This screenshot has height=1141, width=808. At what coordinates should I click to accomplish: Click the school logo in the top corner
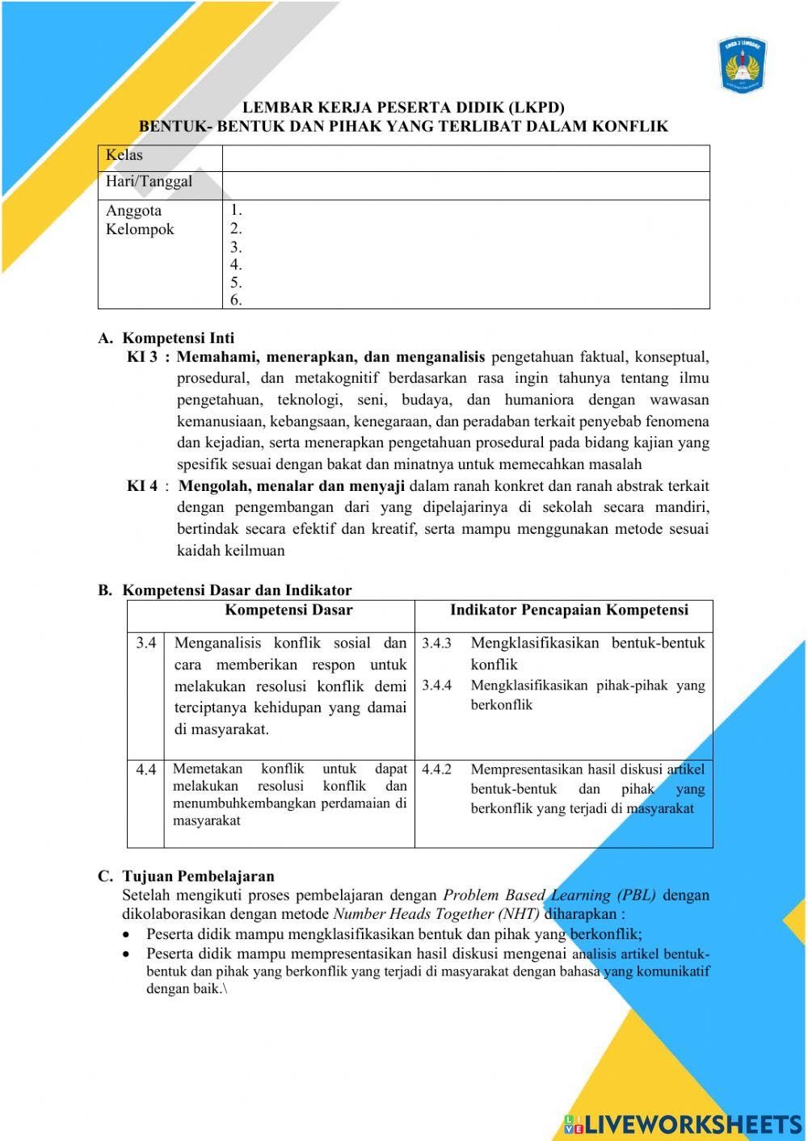[x=743, y=63]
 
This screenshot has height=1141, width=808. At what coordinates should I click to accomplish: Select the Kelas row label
[x=124, y=155]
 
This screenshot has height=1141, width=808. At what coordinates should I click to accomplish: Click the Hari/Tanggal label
[x=149, y=182]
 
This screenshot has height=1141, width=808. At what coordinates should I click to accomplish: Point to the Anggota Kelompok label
[x=140, y=220]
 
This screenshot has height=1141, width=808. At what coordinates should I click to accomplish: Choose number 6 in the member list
[x=236, y=300]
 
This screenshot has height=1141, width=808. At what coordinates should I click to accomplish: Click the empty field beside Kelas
[x=465, y=158]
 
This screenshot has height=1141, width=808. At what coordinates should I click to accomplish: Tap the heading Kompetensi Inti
[x=178, y=338]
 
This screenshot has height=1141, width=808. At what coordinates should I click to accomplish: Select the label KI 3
[x=142, y=357]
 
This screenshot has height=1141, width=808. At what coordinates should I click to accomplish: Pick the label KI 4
[x=142, y=486]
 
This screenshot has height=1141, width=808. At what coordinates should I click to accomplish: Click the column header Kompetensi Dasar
[x=288, y=610]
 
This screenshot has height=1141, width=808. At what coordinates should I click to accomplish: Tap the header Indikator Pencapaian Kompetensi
[x=569, y=610]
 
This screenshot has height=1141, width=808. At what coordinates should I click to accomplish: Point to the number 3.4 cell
[x=145, y=644]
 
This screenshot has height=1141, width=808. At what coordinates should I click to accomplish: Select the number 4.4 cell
[x=145, y=770]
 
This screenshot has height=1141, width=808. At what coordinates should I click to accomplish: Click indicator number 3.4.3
[x=436, y=644]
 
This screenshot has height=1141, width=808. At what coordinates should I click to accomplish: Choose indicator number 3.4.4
[x=436, y=686]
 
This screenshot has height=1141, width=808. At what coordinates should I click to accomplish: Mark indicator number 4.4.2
[x=436, y=770]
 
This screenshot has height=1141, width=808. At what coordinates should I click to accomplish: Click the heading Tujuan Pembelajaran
[x=198, y=876]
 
